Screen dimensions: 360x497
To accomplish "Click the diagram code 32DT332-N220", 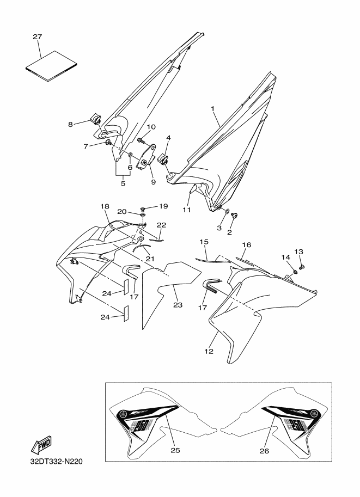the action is click(x=56, y=461).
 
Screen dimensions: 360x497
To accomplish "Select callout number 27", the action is click(x=38, y=37).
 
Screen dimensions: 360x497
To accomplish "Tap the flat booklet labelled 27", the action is click(x=51, y=66).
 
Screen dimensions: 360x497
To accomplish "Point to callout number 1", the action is click(x=213, y=109).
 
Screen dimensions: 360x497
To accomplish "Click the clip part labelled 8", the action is click(x=95, y=120).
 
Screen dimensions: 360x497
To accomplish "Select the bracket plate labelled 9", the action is click(x=147, y=157).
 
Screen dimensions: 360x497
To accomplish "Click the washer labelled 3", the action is click(x=228, y=211).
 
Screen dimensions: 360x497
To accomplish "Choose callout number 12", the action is click(x=209, y=352).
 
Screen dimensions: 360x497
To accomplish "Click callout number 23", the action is click(x=178, y=305).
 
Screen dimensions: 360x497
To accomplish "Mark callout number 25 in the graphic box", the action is click(x=175, y=450).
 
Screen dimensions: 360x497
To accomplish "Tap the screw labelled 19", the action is click(x=143, y=209).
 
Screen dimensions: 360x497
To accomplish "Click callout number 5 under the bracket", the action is click(x=123, y=183).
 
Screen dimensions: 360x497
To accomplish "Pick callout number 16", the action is click(x=247, y=245).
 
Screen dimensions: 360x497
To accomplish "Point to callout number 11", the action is click(x=186, y=210).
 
